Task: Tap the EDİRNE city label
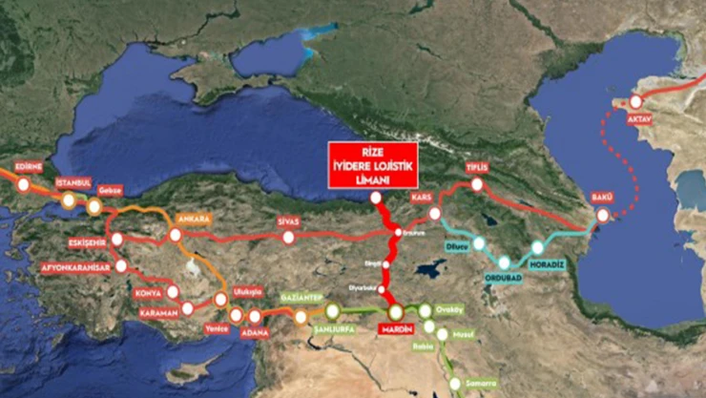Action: click(30, 166)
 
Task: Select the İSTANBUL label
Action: click(73, 182)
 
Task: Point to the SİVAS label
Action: click(288, 220)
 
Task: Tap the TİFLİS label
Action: click(477, 167)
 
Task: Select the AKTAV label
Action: click(640, 118)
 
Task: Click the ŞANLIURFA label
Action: click(333, 329)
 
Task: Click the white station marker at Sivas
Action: click(289, 237)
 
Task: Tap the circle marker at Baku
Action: click(602, 216)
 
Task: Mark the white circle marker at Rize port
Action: click(376, 198)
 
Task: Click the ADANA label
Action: click(256, 332)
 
